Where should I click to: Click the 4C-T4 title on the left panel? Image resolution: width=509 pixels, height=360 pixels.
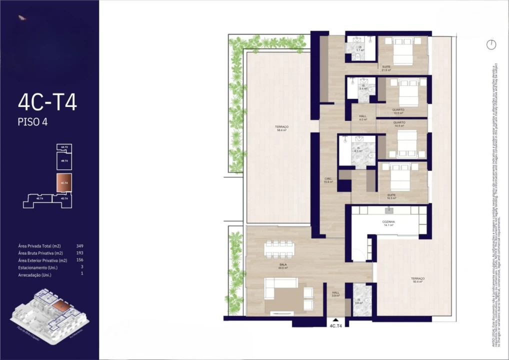tap(47, 102)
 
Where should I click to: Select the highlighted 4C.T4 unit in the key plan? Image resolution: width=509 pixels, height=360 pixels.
tap(64, 183)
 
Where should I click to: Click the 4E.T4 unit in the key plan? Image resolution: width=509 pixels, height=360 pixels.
tap(39, 198)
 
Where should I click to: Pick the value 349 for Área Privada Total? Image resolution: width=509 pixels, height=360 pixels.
tap(79, 246)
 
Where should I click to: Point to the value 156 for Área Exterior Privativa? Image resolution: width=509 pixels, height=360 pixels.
tap(79, 260)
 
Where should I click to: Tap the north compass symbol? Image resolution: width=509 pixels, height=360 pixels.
tap(491, 44)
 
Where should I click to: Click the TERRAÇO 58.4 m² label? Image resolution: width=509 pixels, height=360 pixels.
tap(281, 128)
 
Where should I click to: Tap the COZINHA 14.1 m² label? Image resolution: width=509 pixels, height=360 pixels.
tap(388, 223)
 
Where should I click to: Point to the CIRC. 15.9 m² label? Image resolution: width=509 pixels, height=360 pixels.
tap(328, 180)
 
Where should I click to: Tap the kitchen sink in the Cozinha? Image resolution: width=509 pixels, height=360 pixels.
tap(388, 210)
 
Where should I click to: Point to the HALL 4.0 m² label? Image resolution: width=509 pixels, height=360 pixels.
tap(363, 118)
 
